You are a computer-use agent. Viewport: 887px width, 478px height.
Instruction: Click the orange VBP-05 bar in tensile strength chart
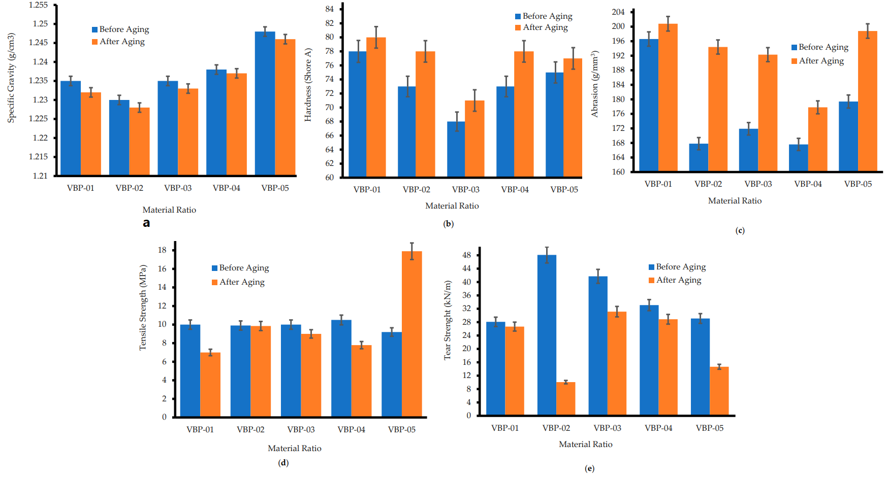[x=411, y=334]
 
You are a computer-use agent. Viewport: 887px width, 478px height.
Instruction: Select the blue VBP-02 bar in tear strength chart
[x=547, y=335]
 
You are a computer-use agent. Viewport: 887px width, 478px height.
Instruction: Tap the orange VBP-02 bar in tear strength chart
[x=566, y=399]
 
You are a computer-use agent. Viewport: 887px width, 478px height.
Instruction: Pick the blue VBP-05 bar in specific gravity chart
[x=265, y=104]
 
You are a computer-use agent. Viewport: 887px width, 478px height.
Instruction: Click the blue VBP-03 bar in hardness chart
[x=456, y=149]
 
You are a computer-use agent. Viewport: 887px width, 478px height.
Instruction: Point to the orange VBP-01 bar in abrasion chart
[x=668, y=97]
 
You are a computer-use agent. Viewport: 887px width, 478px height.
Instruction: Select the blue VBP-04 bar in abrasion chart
[x=799, y=158]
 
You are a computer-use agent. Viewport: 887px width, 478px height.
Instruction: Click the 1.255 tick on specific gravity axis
[x=38, y=5]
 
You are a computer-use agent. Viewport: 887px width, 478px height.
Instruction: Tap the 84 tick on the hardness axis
[x=330, y=9]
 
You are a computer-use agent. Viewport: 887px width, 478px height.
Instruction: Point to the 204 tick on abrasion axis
[x=618, y=12]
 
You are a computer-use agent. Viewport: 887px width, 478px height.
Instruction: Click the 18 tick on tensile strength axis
[x=162, y=250]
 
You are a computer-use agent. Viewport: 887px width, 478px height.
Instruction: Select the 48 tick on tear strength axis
[x=467, y=255]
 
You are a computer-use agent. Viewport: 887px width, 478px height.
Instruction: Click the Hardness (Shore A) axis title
[x=308, y=85]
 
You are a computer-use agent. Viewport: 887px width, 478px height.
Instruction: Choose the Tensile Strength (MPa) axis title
[x=143, y=308]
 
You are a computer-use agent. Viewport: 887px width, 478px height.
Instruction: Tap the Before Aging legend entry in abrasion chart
[x=820, y=47]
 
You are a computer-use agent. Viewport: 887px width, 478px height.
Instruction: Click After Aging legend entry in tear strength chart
[x=675, y=280]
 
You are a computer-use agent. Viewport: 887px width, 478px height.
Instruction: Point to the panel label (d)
[x=283, y=462]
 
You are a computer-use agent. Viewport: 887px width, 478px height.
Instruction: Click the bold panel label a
[x=146, y=223]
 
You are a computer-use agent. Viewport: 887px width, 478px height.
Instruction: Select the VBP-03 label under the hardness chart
[x=466, y=189]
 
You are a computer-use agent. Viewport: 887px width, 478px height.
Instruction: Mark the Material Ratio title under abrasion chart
[x=735, y=200]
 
